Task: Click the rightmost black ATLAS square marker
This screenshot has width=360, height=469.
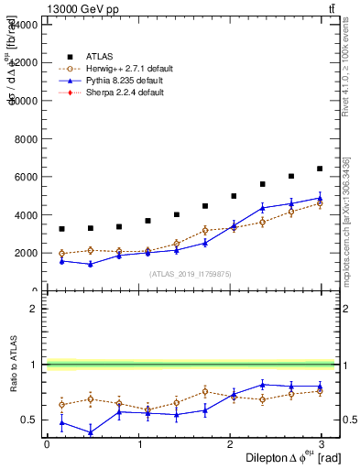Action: pyautogui.click(x=320, y=169)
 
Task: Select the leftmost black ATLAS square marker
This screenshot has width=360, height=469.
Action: pyautogui.click(x=61, y=229)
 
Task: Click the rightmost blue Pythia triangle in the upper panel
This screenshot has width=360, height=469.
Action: pyautogui.click(x=320, y=198)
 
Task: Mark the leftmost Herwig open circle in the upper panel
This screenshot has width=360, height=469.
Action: pyautogui.click(x=61, y=254)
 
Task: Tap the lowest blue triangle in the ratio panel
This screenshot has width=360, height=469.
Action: pyautogui.click(x=90, y=432)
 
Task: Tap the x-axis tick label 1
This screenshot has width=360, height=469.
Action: pyautogui.click(x=139, y=443)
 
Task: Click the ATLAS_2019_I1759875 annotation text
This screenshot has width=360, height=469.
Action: pyautogui.click(x=189, y=274)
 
